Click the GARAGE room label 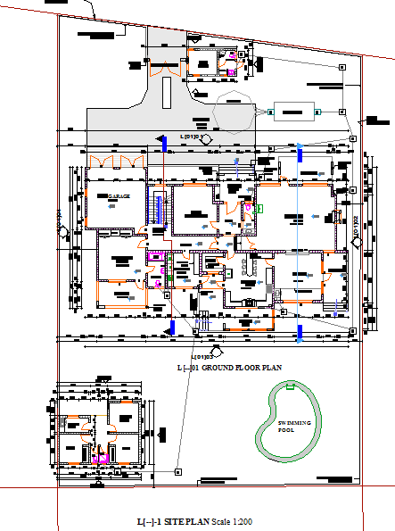click(x=119, y=195)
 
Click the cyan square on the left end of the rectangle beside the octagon click(x=268, y=112)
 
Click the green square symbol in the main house click(x=261, y=209)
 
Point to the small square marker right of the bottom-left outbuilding click(x=177, y=470)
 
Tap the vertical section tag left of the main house click(x=62, y=230)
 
